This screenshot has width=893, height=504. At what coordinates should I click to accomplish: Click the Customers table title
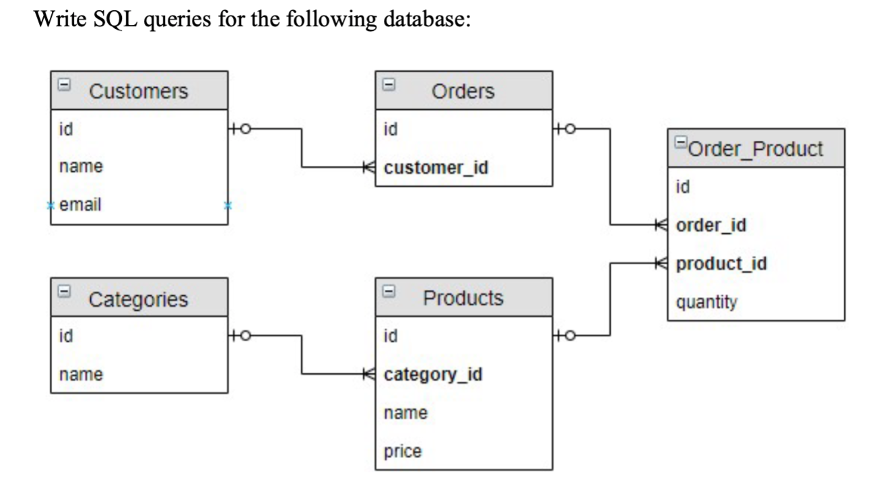[x=139, y=90]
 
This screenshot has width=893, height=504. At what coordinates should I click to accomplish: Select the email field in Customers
[x=81, y=205]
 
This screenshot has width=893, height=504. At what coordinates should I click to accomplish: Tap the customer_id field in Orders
[x=436, y=168]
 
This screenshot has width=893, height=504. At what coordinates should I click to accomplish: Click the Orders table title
[x=463, y=90]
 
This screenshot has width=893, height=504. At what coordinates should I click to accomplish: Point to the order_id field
[x=710, y=224]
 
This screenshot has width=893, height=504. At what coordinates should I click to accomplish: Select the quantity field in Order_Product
[x=706, y=302]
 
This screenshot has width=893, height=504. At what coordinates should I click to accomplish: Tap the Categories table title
[x=139, y=298]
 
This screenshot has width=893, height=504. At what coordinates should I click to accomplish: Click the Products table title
[x=463, y=297]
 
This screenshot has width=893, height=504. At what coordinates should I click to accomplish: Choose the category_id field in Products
[x=433, y=374]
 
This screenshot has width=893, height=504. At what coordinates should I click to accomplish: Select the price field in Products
[x=403, y=451]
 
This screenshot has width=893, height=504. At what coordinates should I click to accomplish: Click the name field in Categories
[x=81, y=374]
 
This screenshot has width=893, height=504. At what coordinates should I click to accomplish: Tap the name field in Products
[x=405, y=412]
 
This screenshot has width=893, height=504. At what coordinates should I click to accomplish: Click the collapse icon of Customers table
[x=64, y=86]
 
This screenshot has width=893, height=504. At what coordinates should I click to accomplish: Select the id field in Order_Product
[x=682, y=187]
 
